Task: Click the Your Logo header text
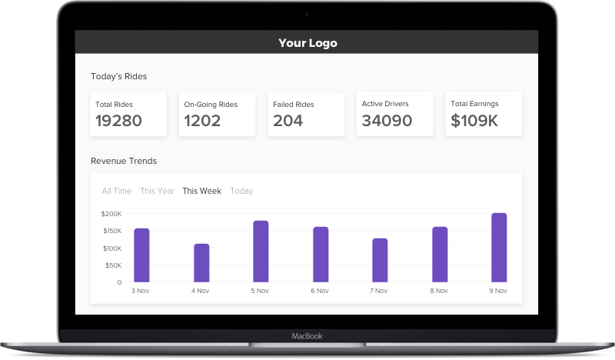click(x=307, y=43)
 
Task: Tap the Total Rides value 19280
click(x=119, y=121)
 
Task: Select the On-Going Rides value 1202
click(x=202, y=121)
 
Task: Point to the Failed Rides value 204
click(x=288, y=121)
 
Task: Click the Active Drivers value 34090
click(x=387, y=121)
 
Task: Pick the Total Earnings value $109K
click(x=474, y=121)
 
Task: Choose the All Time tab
click(x=117, y=191)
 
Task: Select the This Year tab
click(x=157, y=191)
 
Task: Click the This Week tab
click(x=201, y=191)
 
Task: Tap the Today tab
click(x=241, y=191)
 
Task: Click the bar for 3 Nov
click(x=141, y=255)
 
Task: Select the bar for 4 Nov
click(x=201, y=262)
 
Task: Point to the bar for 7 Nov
click(x=380, y=260)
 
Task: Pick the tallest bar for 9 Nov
click(x=499, y=247)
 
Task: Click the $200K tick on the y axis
click(x=111, y=214)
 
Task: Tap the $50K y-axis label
click(x=113, y=265)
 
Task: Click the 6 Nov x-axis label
click(x=321, y=291)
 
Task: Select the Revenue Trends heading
click(x=124, y=161)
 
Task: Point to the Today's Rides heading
click(x=118, y=76)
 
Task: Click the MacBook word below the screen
click(x=307, y=336)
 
